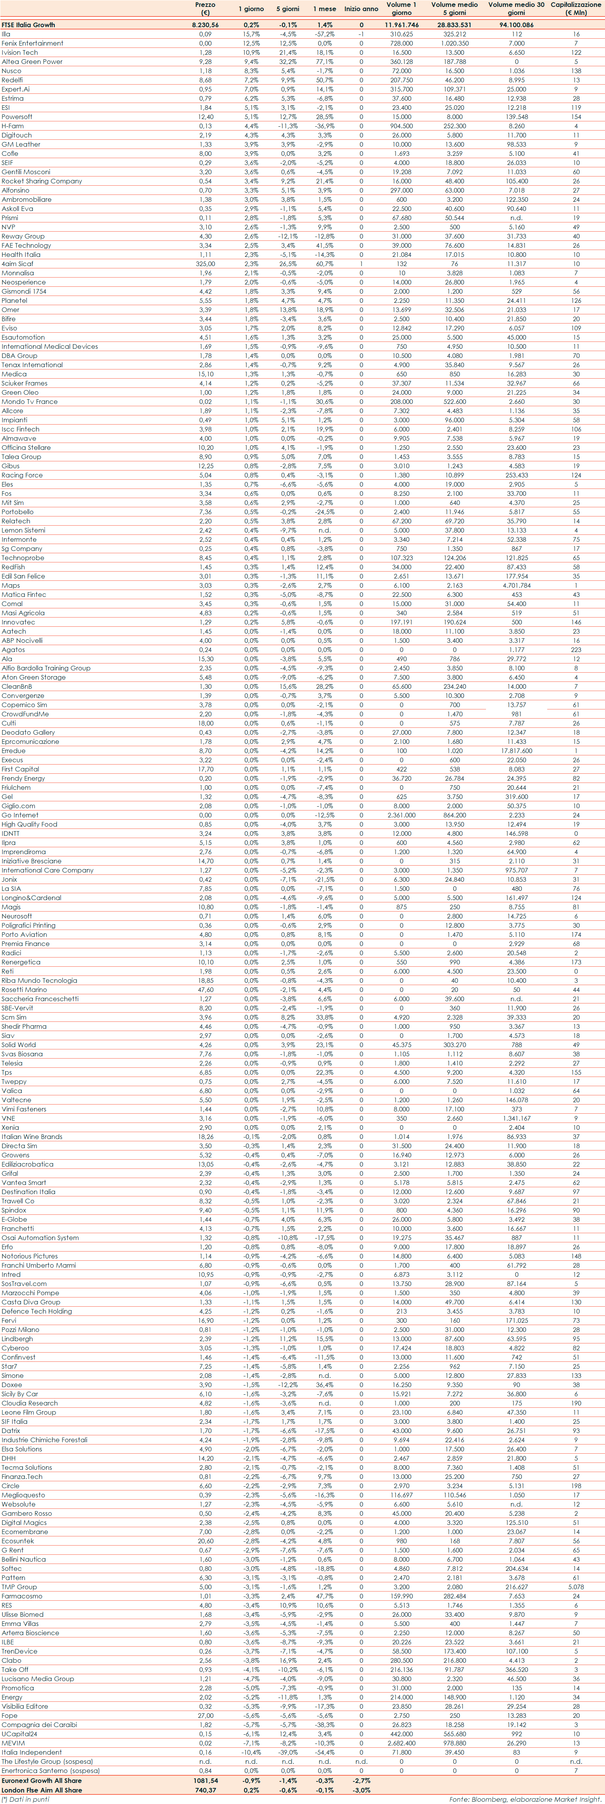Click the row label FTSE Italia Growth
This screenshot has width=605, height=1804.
[x=28, y=25]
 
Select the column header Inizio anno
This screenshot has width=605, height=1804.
[x=361, y=9]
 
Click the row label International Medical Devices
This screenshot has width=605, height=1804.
[x=50, y=346]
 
